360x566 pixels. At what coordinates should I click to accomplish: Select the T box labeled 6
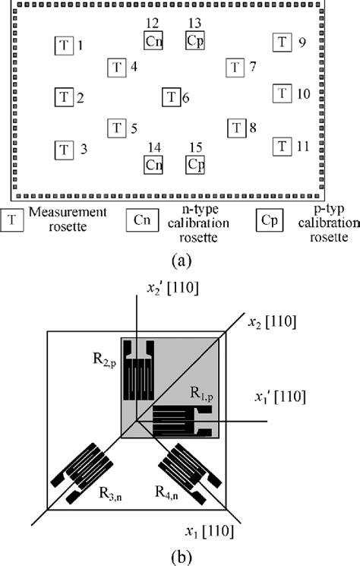pyautogui.click(x=172, y=97)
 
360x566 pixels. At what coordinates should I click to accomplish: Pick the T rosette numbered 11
pyautogui.click(x=283, y=145)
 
